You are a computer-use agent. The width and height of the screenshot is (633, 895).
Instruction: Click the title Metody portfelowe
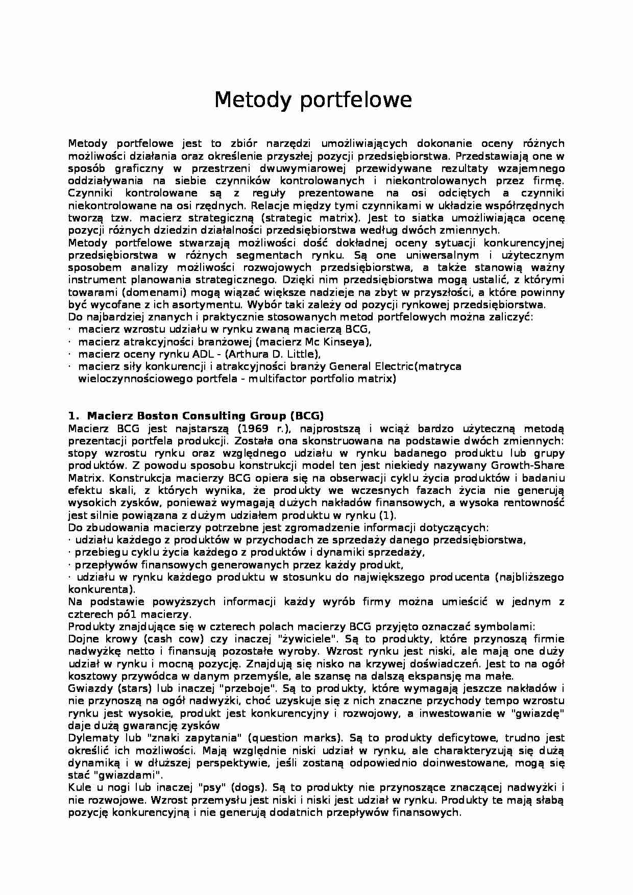[312, 100]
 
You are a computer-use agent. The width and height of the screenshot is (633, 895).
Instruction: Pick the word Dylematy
[93, 738]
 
